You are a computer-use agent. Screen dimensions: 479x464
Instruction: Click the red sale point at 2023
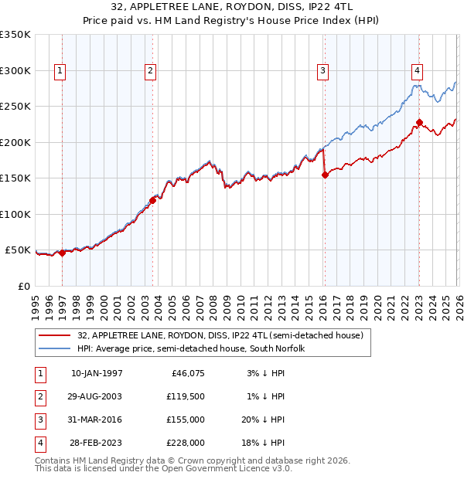419,122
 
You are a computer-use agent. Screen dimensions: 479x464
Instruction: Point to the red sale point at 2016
325,175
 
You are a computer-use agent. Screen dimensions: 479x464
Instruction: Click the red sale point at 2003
153,200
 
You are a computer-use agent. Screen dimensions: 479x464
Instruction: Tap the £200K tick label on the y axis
15,142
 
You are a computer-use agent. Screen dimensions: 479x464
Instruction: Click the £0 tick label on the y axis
24,286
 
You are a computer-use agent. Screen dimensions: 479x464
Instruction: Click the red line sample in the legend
55,335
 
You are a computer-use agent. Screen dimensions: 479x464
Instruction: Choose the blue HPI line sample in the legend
55,348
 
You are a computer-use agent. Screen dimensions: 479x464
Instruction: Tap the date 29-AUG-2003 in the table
97,396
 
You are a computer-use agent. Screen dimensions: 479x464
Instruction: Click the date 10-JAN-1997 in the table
97,373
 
